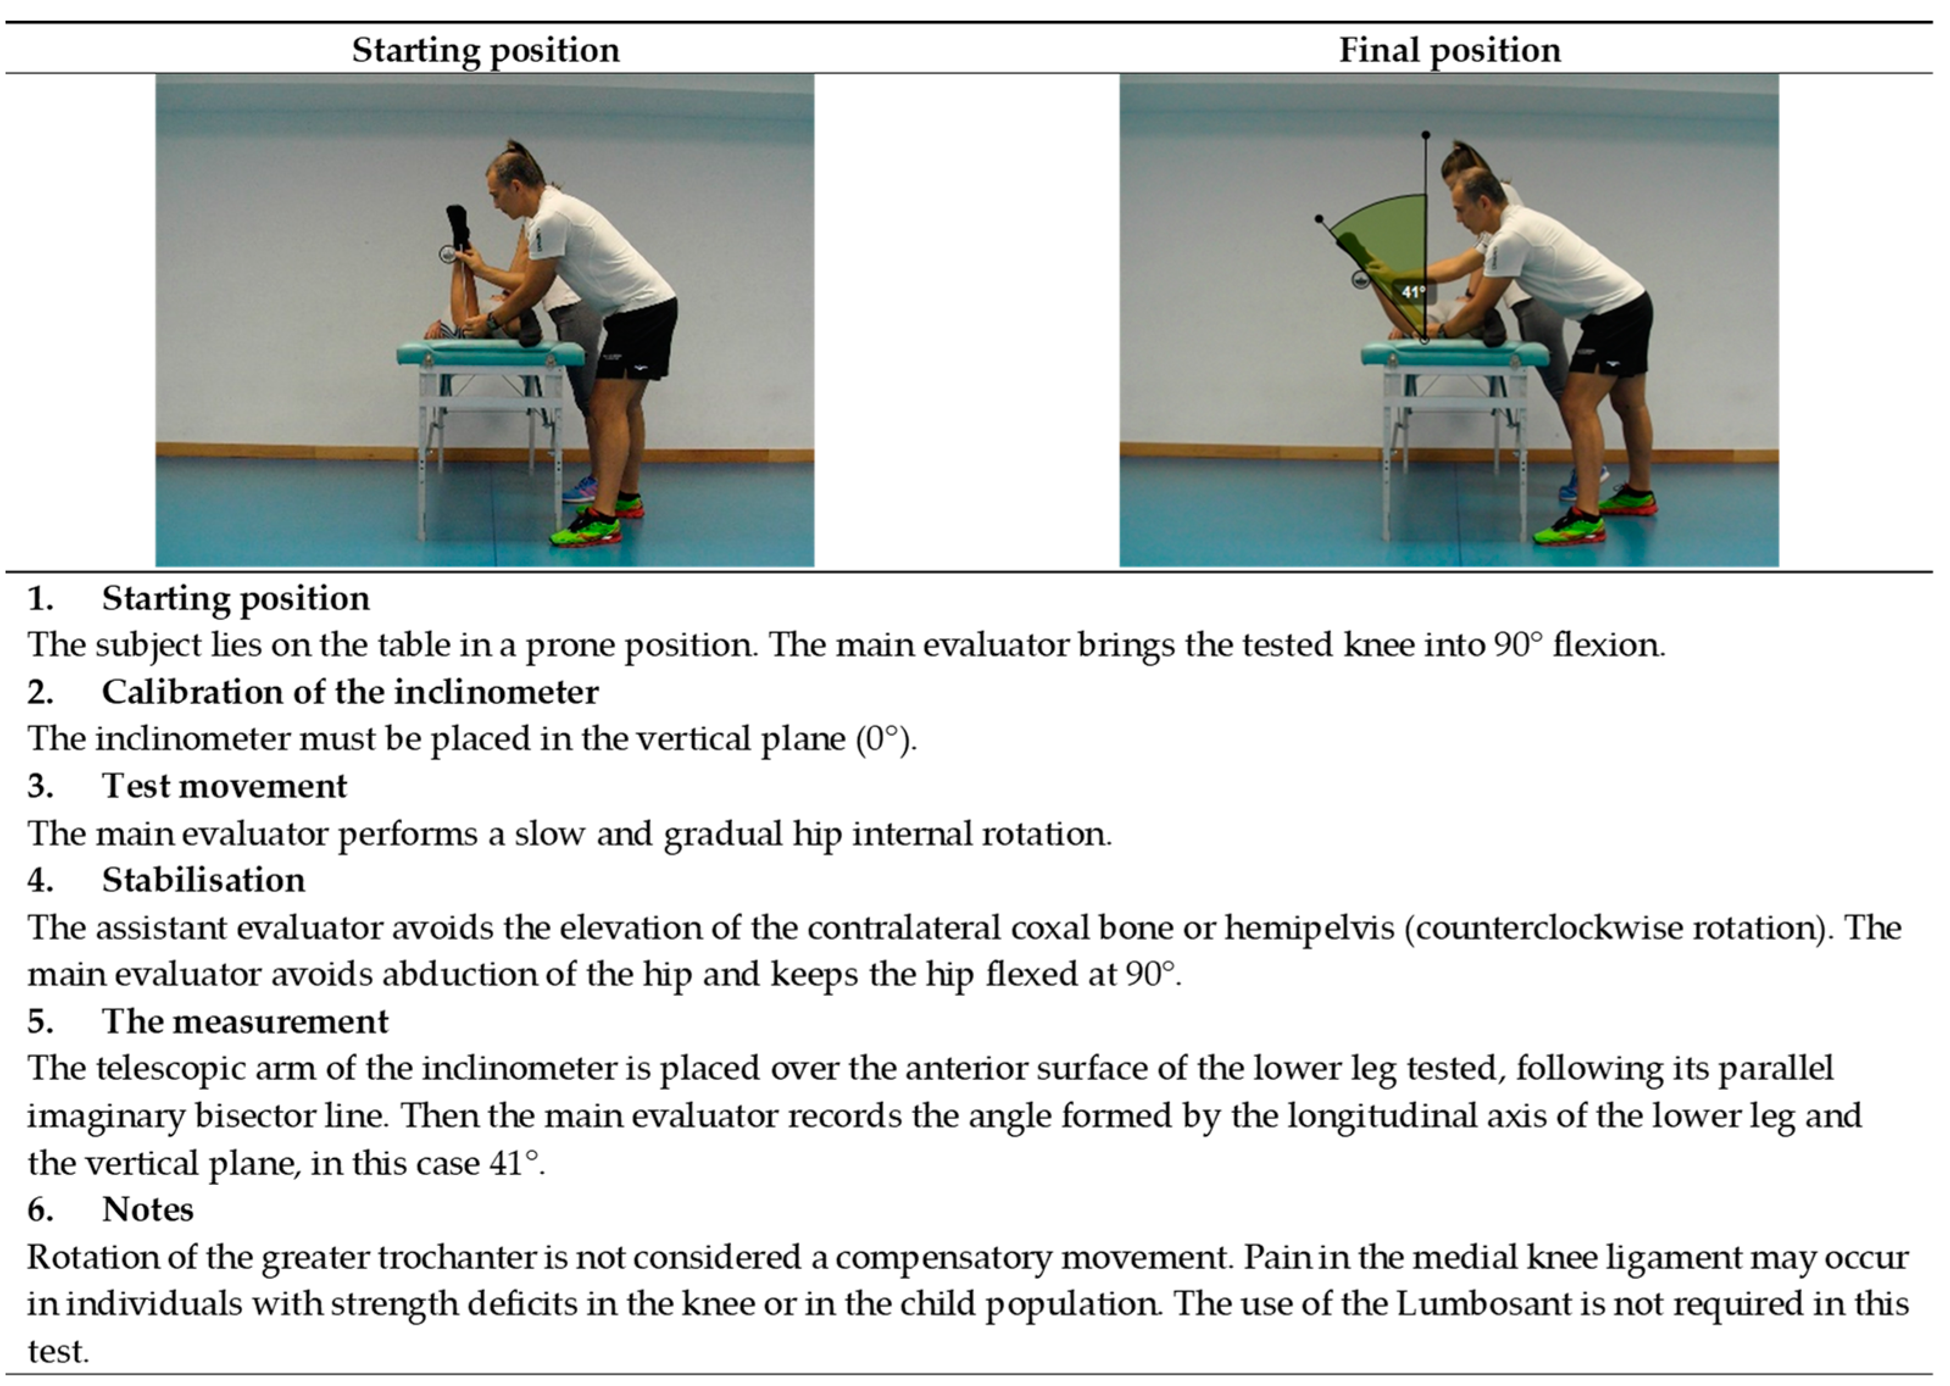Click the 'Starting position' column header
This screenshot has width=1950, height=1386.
486,51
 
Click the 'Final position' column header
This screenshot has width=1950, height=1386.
1449,51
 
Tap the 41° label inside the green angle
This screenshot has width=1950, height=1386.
1413,292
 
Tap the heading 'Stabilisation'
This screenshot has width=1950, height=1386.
203,880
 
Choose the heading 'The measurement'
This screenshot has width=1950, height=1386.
245,1022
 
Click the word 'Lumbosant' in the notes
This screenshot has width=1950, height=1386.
1483,1304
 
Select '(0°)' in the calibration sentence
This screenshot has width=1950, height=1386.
886,739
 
